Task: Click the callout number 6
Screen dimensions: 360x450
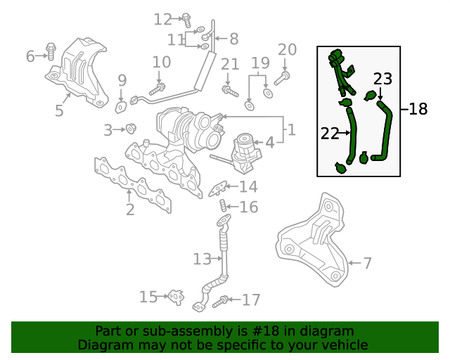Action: (x=30, y=56)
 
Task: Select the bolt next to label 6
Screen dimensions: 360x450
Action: (x=51, y=51)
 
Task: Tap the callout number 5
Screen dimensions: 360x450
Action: (x=59, y=110)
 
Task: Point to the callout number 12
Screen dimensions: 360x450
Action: (x=162, y=19)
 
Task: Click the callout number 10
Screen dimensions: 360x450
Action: (x=161, y=63)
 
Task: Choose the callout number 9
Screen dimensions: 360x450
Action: (x=122, y=80)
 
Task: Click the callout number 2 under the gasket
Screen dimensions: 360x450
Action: (x=130, y=210)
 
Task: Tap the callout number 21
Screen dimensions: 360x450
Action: (x=230, y=65)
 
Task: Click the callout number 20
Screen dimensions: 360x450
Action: (x=287, y=49)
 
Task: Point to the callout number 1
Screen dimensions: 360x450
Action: (x=291, y=129)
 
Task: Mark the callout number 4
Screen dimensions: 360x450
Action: (x=269, y=142)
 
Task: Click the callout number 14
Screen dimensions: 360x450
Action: (x=247, y=187)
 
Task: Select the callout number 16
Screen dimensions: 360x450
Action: (x=249, y=207)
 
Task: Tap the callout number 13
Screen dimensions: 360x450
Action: (x=202, y=259)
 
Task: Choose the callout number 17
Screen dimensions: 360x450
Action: (x=251, y=300)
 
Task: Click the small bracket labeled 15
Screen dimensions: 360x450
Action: (x=174, y=297)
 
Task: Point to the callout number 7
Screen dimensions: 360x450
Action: (x=367, y=264)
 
